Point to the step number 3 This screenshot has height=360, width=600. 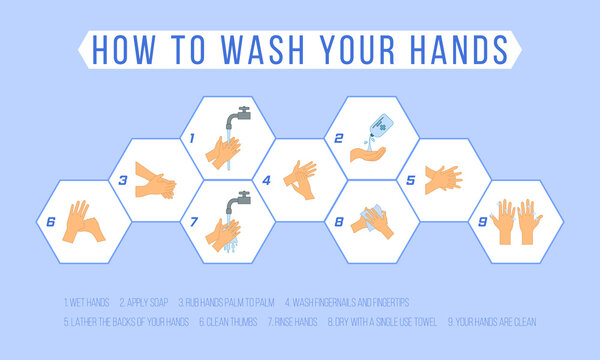pos(122,181)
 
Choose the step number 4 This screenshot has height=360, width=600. pos(267,181)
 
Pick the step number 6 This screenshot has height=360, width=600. pos(49,222)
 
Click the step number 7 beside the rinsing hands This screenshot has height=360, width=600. pos(195,222)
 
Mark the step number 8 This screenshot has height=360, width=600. pos(340,222)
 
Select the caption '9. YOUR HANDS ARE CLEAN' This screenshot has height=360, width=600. pos(493,322)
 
